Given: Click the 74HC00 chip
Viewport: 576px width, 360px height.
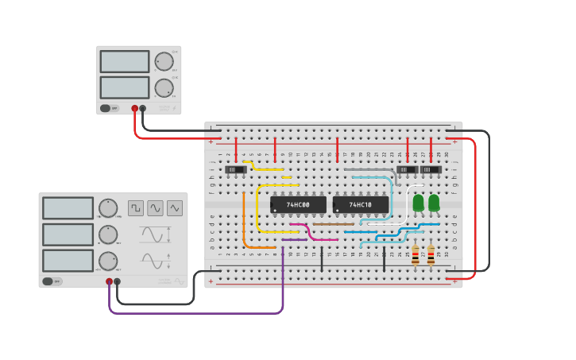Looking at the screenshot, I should [298, 205].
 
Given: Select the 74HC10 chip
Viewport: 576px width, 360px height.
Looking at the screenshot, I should [361, 205].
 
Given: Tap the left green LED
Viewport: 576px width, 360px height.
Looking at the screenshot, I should [418, 203].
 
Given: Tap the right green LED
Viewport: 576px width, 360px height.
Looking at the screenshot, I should [434, 203].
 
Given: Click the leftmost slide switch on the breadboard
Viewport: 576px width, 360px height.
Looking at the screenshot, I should [235, 169].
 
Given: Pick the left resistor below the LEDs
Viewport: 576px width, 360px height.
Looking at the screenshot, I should [415, 255].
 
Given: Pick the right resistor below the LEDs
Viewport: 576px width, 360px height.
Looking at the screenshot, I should [431, 255].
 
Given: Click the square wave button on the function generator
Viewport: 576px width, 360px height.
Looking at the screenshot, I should [136, 208].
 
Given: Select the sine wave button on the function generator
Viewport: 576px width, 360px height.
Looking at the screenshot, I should [155, 208].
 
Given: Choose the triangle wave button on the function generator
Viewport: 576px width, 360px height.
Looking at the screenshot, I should [174, 208].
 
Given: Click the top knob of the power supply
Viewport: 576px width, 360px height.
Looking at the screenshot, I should [164, 62].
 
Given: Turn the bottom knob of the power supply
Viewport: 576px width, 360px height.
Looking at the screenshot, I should [164, 87].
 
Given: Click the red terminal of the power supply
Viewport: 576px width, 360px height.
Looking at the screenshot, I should [135, 108].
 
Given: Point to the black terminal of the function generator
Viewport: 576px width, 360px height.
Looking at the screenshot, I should [118, 281].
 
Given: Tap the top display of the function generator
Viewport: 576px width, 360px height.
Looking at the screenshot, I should [68, 208].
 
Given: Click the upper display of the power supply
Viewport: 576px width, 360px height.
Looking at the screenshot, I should [125, 62].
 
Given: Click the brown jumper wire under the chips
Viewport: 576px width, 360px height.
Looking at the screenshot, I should [333, 224].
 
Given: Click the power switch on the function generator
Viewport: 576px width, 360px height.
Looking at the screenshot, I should [52, 281].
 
